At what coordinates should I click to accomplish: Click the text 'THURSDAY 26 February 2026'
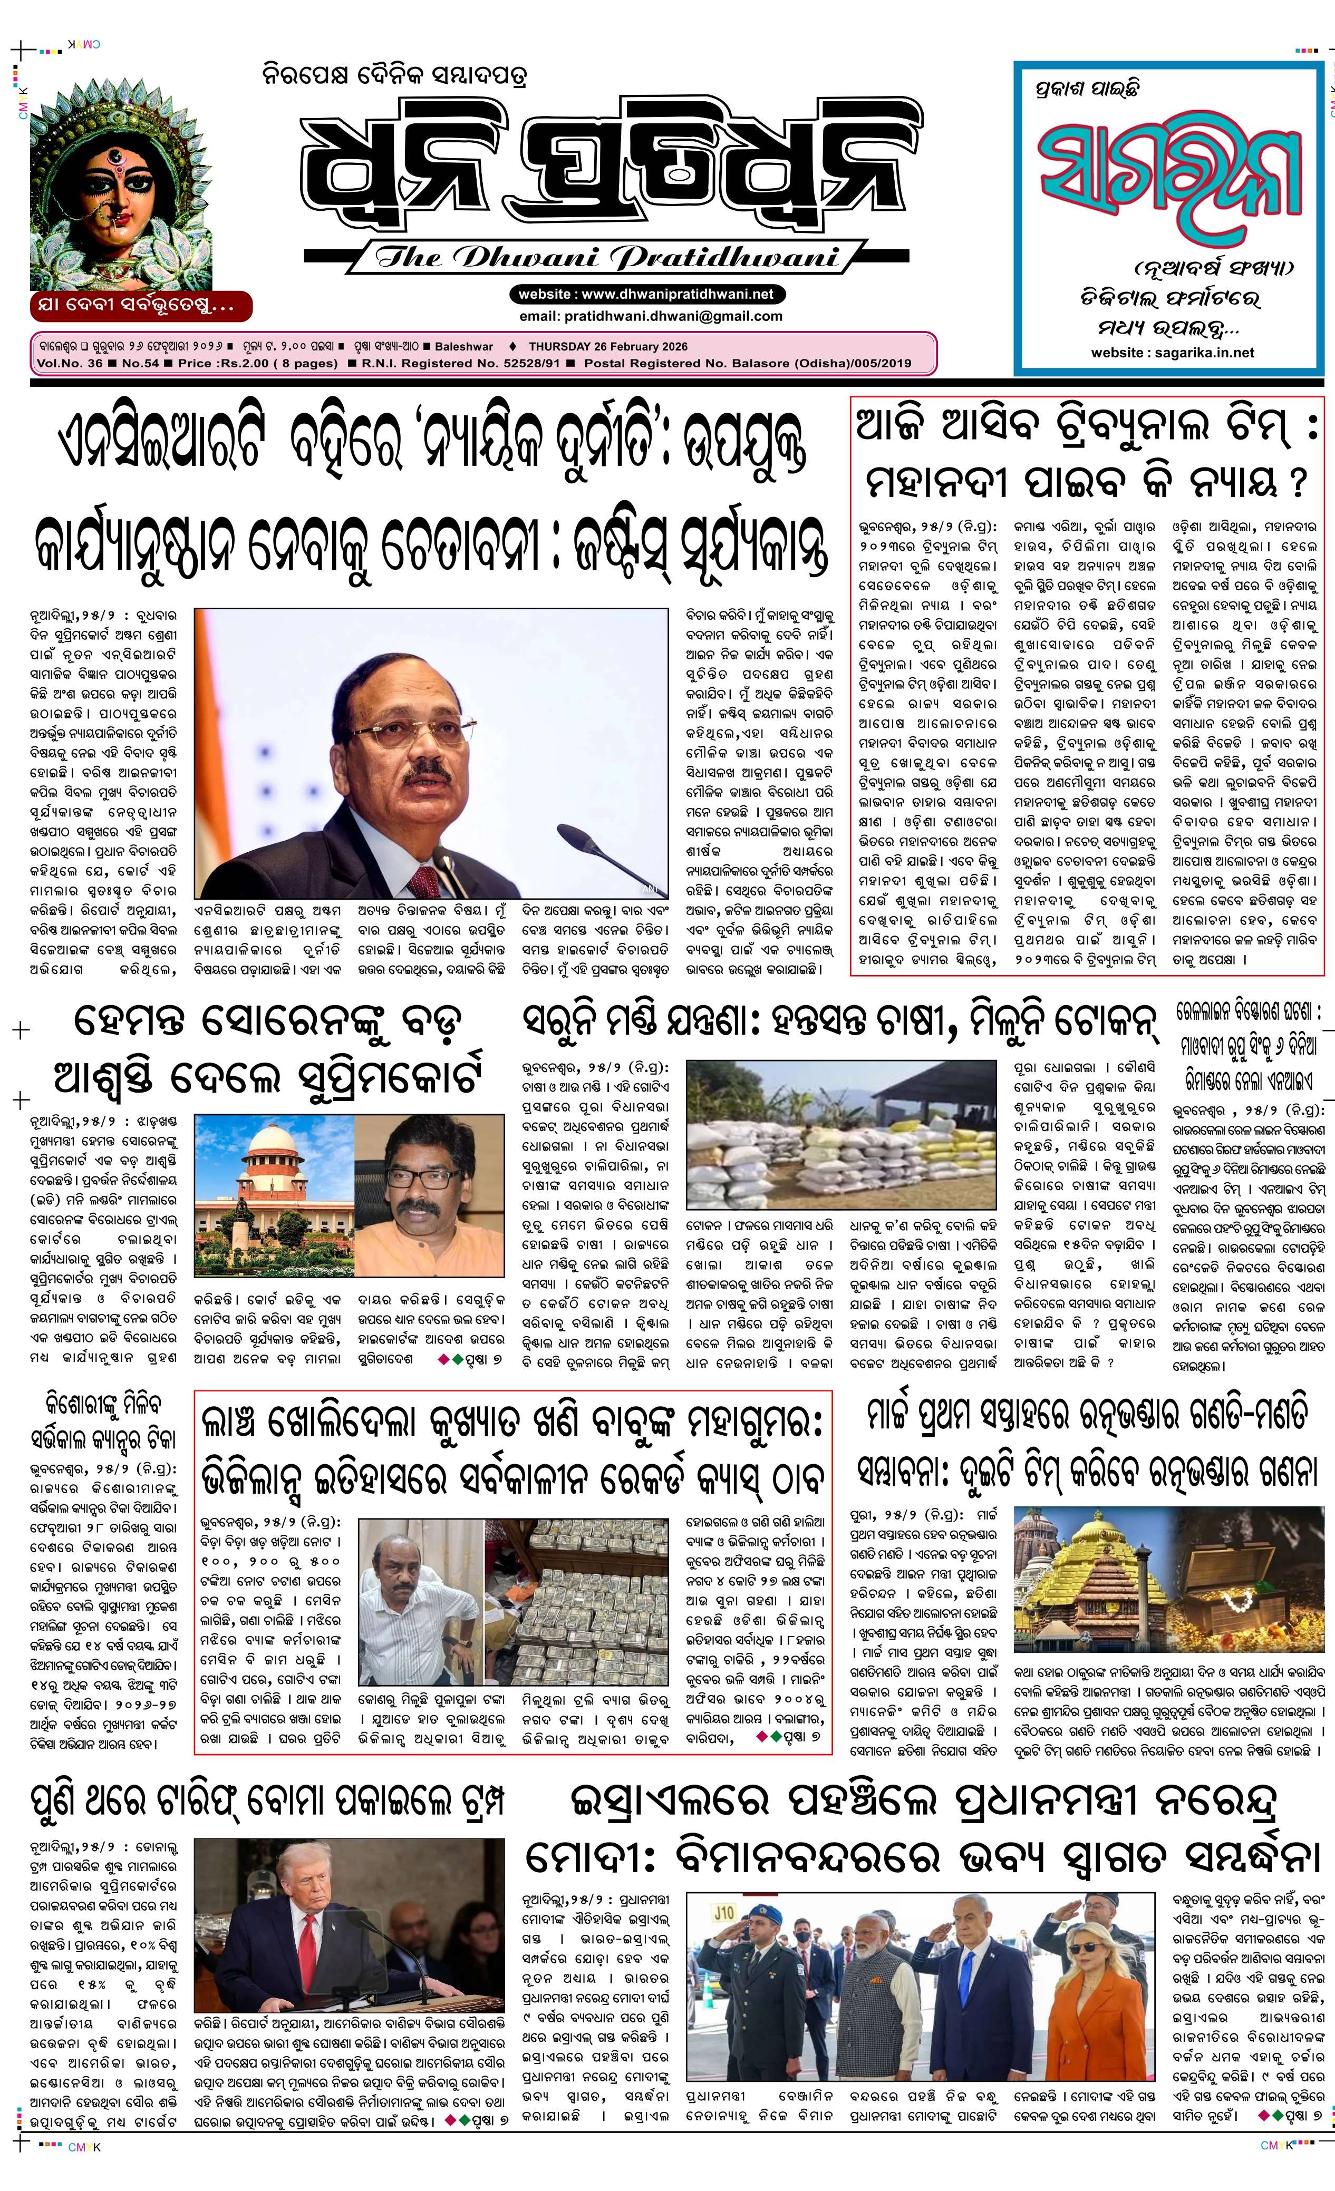point(607,347)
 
